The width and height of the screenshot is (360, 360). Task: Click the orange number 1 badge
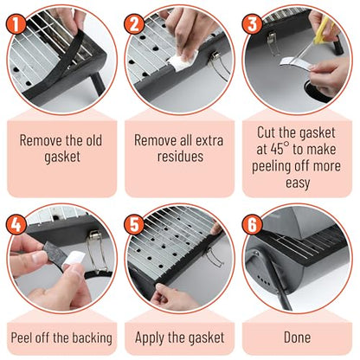coord(16,23)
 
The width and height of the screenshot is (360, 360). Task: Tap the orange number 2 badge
coord(134,23)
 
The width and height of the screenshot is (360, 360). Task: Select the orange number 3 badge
coord(253,23)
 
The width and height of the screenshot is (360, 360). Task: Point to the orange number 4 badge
coord(16,225)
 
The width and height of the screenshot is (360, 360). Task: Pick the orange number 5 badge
coord(134,225)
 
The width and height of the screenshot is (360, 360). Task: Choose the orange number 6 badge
coord(253,225)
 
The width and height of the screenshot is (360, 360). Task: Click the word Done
coord(297,337)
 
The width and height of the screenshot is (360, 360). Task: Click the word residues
coord(180,157)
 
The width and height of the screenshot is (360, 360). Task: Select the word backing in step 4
coord(92,338)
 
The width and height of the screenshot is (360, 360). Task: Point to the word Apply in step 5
coord(150,337)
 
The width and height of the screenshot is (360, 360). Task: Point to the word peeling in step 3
coord(272,166)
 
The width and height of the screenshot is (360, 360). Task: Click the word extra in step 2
coord(209,140)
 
